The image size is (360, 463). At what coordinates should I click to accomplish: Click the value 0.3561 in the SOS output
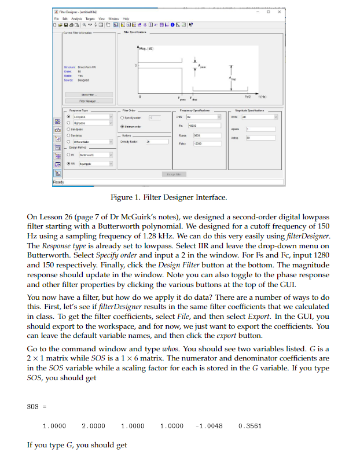click(x=249, y=425)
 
